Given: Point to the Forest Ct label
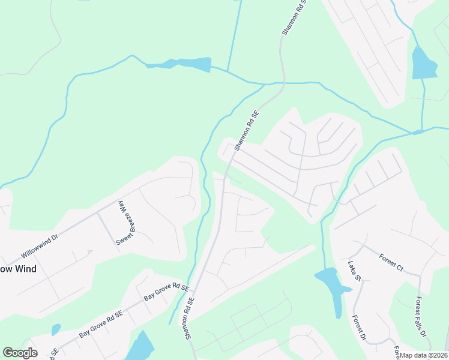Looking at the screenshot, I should point(390,262).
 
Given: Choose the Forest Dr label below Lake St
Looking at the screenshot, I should point(360,329).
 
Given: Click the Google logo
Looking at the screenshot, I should point(20,353).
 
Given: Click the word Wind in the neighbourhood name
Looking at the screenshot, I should point(26,269).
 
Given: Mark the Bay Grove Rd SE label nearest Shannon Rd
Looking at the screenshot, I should point(161,292).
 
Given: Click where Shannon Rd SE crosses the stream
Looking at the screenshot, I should point(281,83).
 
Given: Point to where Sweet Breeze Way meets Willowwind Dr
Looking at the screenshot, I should point(98,212).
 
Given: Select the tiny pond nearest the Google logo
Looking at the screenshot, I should point(56,329).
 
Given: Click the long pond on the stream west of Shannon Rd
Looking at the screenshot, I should point(180,64).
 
